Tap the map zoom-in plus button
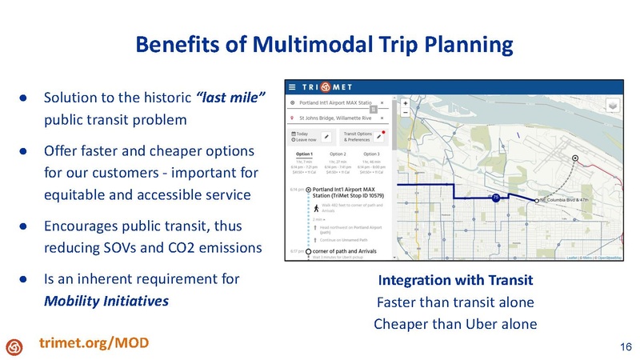point(406,103)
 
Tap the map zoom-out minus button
point(406,113)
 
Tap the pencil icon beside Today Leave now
point(327,136)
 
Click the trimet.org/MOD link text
point(94,343)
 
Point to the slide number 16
point(625,345)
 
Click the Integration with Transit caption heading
point(456,282)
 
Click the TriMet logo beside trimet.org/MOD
point(15,345)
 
